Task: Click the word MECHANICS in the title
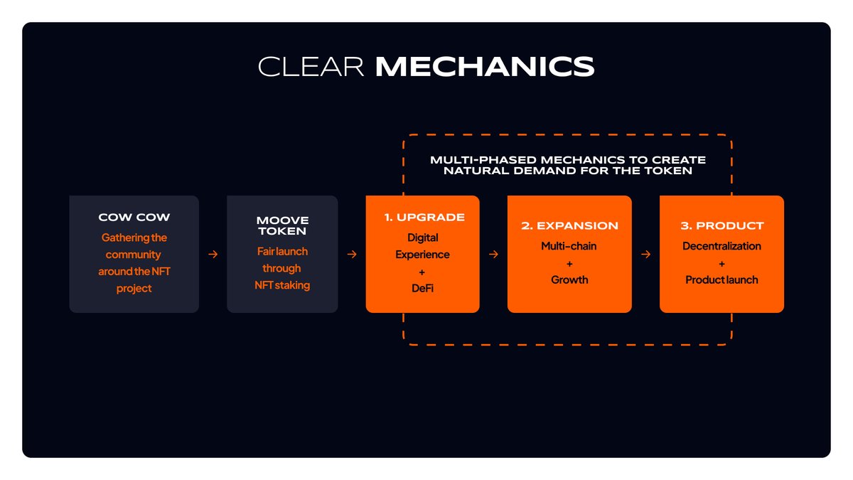point(485,67)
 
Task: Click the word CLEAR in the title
point(311,67)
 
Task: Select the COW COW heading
point(134,217)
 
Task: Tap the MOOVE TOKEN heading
point(282,225)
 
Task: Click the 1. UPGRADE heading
point(424,217)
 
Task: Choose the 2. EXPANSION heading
point(569,225)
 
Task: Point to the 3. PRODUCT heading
point(722,225)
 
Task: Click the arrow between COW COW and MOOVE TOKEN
point(213,254)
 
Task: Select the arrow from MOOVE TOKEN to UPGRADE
point(353,254)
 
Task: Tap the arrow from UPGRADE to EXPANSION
point(493,254)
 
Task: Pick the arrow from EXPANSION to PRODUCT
point(646,254)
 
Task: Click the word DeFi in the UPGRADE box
point(422,288)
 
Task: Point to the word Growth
point(569,279)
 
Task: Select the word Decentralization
point(721,246)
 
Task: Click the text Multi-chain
point(569,246)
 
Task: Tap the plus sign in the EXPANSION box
point(569,264)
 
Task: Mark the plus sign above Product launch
point(721,264)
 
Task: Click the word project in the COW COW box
point(134,289)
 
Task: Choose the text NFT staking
point(282,285)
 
